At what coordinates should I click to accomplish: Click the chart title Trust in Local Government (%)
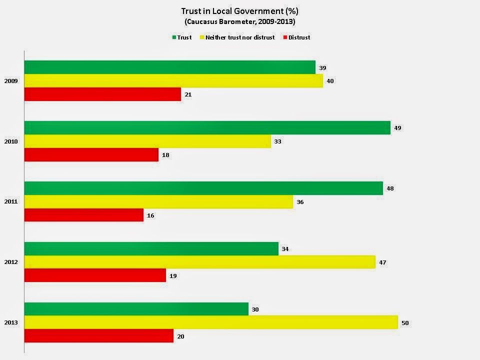(239, 11)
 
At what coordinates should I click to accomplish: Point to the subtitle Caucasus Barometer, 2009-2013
(239, 21)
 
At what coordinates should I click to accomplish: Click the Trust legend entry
(182, 37)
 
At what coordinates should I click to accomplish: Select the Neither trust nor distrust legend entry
(237, 37)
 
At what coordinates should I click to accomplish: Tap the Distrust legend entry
(296, 37)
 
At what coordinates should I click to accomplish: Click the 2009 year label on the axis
(11, 81)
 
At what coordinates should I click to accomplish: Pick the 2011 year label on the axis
(11, 202)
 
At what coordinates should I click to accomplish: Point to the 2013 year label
(11, 322)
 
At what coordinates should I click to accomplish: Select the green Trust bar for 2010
(207, 128)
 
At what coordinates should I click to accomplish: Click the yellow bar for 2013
(211, 322)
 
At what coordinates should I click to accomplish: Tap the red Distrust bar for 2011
(83, 215)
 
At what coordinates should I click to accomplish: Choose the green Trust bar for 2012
(151, 248)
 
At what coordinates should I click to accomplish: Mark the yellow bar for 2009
(173, 81)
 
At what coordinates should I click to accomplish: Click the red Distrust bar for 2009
(102, 94)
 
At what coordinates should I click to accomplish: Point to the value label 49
(397, 128)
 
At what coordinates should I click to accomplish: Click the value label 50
(405, 323)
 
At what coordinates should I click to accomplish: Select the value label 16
(150, 215)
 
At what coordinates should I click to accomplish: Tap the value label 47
(382, 262)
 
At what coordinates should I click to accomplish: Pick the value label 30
(255, 309)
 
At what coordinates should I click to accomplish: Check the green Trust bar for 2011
(203, 188)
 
